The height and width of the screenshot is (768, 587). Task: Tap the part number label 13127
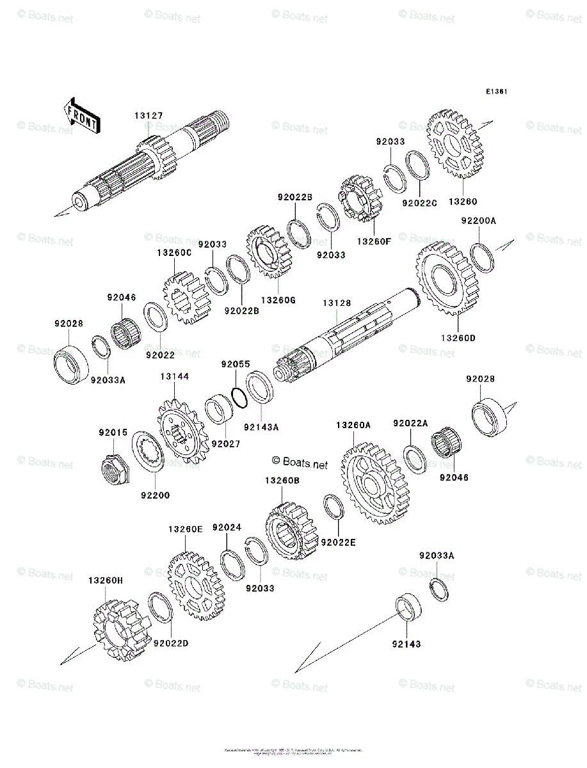pyautogui.click(x=149, y=116)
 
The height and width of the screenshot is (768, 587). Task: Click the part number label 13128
pyautogui.click(x=336, y=303)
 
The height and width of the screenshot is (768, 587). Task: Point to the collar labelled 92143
pyautogui.click(x=408, y=607)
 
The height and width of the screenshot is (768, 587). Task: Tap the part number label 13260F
pyautogui.click(x=374, y=241)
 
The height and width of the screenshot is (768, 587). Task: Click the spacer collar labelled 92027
pyautogui.click(x=219, y=410)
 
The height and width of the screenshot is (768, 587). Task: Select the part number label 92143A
pyautogui.click(x=261, y=426)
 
